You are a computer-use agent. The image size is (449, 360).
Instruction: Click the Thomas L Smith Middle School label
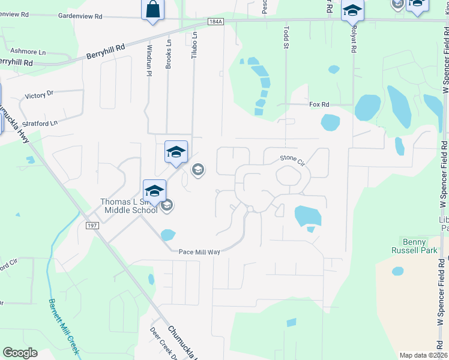point(129,205)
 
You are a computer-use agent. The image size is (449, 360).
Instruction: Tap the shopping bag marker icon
point(152,10)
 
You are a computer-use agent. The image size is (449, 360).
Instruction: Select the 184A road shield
point(216,22)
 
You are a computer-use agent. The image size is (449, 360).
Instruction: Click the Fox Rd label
point(319,104)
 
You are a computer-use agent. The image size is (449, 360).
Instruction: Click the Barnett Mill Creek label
point(64,326)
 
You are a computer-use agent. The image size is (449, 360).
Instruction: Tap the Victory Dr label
point(39,95)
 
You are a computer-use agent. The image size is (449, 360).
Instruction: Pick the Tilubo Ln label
point(194,44)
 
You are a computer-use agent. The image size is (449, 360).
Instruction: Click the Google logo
point(20,353)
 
